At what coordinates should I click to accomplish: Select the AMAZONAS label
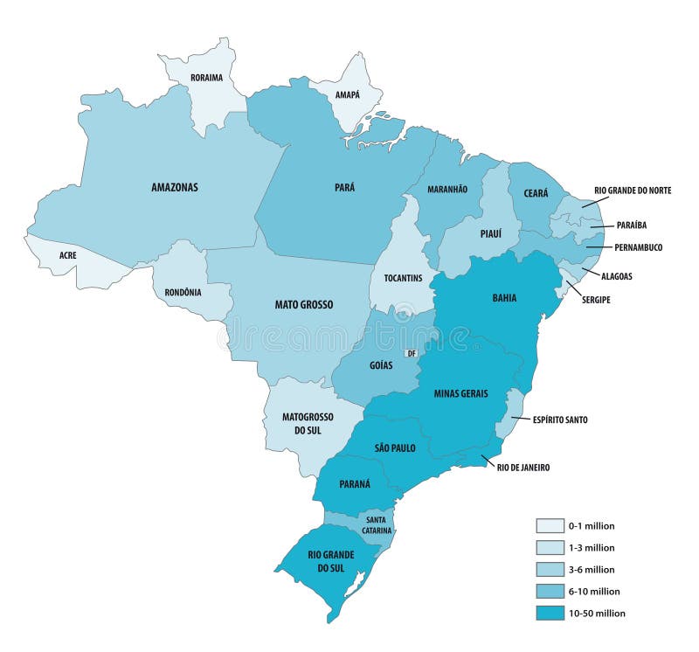pyautogui.click(x=175, y=187)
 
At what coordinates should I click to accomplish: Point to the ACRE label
pyautogui.click(x=67, y=255)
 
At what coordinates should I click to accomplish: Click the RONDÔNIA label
pyautogui.click(x=183, y=292)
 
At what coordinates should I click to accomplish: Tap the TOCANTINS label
pyautogui.click(x=403, y=278)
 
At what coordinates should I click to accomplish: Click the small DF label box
pyautogui.click(x=412, y=354)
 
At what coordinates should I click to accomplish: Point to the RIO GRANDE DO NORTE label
pyautogui.click(x=633, y=190)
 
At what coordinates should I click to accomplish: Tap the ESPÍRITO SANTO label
pyautogui.click(x=560, y=420)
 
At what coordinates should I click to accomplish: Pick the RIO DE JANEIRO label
pyautogui.click(x=523, y=468)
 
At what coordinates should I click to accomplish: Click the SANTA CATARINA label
pyautogui.click(x=372, y=524)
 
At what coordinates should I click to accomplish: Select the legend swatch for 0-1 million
pyautogui.click(x=550, y=526)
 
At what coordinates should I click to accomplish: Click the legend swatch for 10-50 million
pyautogui.click(x=550, y=613)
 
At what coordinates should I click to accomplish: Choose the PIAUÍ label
pyautogui.click(x=489, y=233)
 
